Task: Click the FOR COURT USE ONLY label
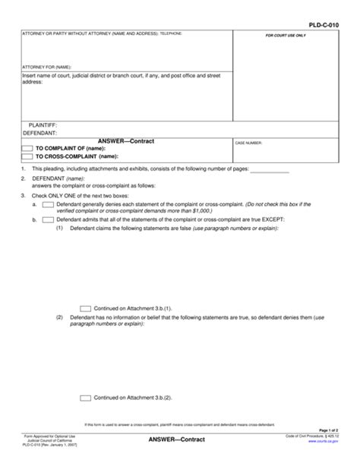tap(286, 36)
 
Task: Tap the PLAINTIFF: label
tap(43, 124)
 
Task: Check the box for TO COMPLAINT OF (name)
tap(27, 148)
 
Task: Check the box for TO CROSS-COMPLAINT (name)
tap(27, 156)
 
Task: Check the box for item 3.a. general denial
tap(48, 206)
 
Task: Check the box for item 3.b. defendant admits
tap(48, 219)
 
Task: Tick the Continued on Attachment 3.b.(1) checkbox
tap(86, 309)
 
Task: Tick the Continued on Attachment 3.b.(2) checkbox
tap(86, 397)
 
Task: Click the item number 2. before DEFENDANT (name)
tap(24, 179)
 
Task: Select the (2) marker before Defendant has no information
tap(60, 316)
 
